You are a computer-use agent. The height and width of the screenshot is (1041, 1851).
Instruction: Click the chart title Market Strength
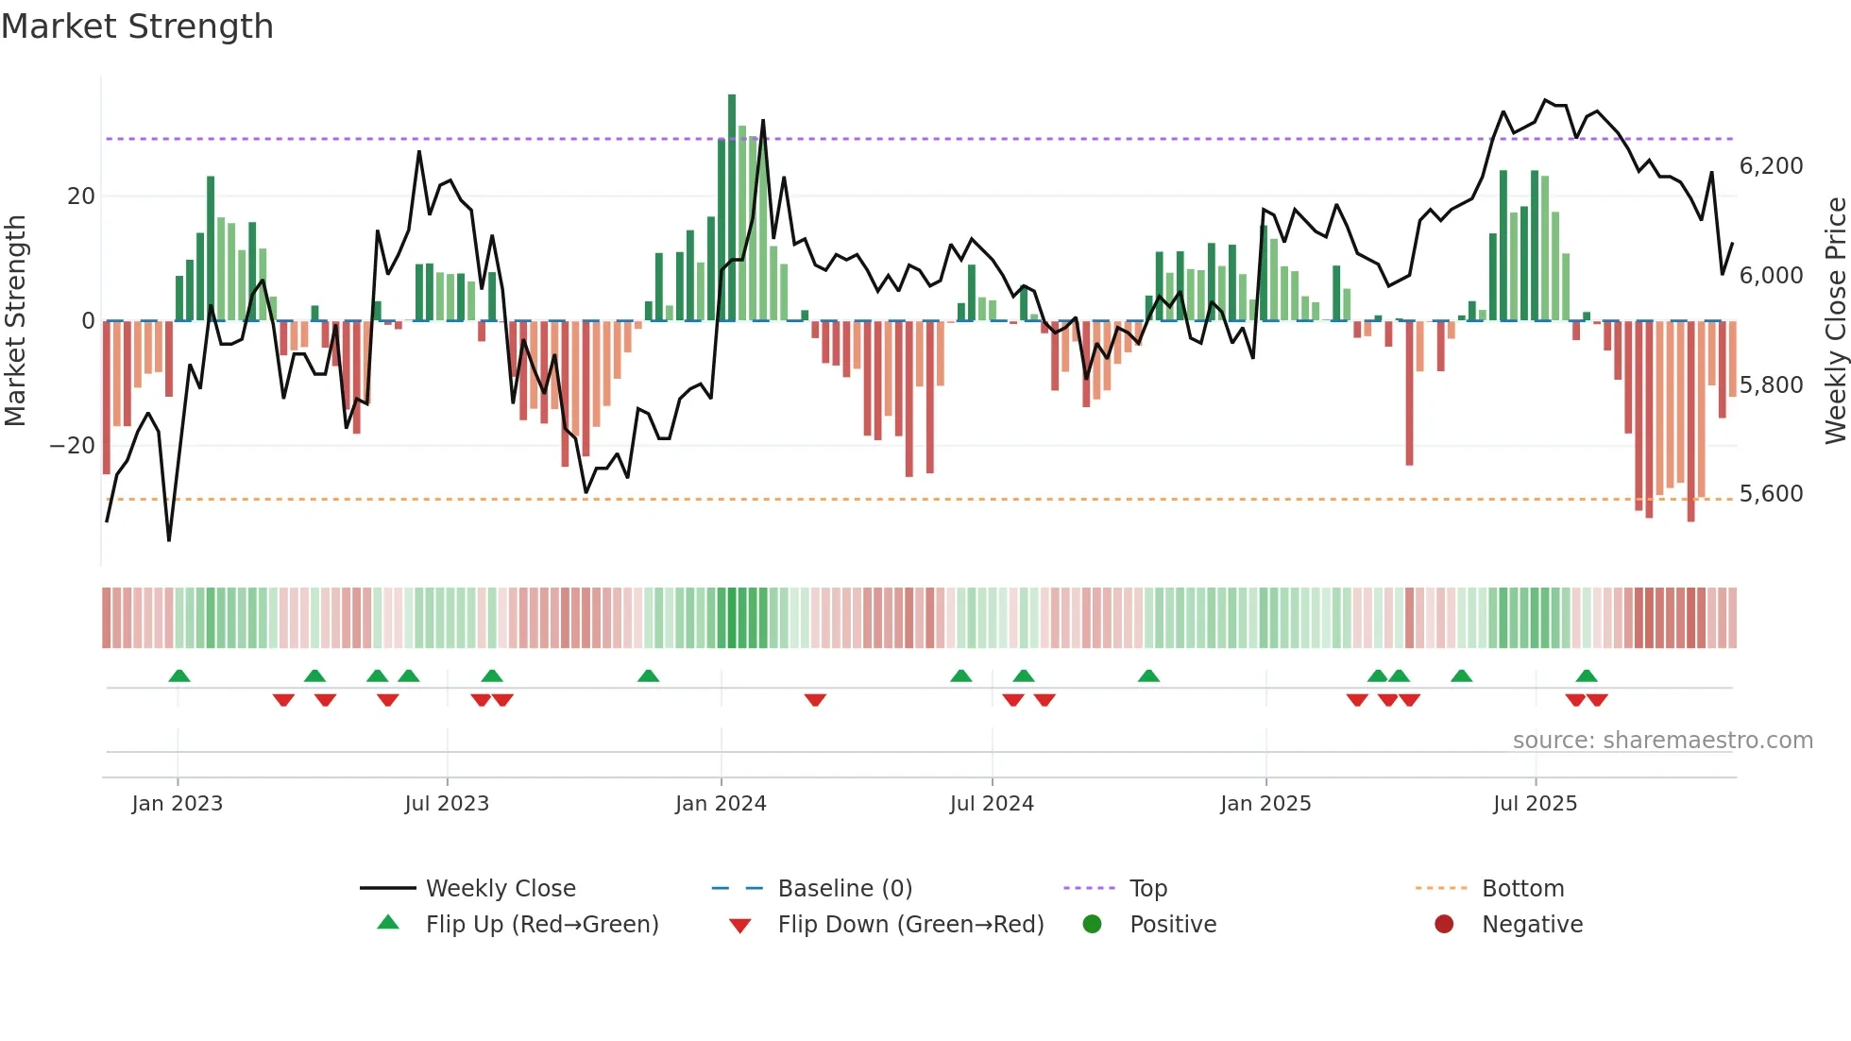pos(137,26)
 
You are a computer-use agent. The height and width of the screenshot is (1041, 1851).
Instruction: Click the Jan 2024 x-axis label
pos(721,804)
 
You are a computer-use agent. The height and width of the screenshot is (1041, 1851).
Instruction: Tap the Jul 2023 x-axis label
pos(447,804)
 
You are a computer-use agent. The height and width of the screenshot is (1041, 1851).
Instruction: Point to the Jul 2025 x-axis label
pos(1535,804)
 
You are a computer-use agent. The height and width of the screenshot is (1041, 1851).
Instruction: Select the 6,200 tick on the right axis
pos(1771,166)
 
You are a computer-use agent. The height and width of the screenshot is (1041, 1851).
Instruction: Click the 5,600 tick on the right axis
pos(1771,494)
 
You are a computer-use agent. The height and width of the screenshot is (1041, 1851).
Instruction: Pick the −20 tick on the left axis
pos(72,446)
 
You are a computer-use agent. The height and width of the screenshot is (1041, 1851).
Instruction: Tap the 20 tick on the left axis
pos(81,196)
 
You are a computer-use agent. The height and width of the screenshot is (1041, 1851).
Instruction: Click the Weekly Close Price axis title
pos(1835,321)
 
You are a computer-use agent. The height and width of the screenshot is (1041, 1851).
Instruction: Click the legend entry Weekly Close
pos(501,889)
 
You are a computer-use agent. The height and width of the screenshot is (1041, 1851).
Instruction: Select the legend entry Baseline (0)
pos(844,889)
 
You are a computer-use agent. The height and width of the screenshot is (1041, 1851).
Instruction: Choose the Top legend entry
pos(1148,889)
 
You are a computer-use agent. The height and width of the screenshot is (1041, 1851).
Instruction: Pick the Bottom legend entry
pos(1522,889)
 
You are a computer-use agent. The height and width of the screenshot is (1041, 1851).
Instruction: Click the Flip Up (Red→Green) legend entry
pos(542,925)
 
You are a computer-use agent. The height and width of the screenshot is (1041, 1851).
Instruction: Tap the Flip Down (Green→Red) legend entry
pos(910,925)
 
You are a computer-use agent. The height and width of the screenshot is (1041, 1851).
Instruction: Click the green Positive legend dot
pos(1093,925)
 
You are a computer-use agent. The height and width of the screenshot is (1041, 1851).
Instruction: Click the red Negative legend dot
pos(1444,925)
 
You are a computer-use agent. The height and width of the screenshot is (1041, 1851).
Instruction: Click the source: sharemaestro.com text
pos(1662,741)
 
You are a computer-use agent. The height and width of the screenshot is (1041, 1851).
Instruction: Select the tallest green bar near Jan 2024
pos(732,208)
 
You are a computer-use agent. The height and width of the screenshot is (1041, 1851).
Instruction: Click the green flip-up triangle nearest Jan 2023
pos(179,675)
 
